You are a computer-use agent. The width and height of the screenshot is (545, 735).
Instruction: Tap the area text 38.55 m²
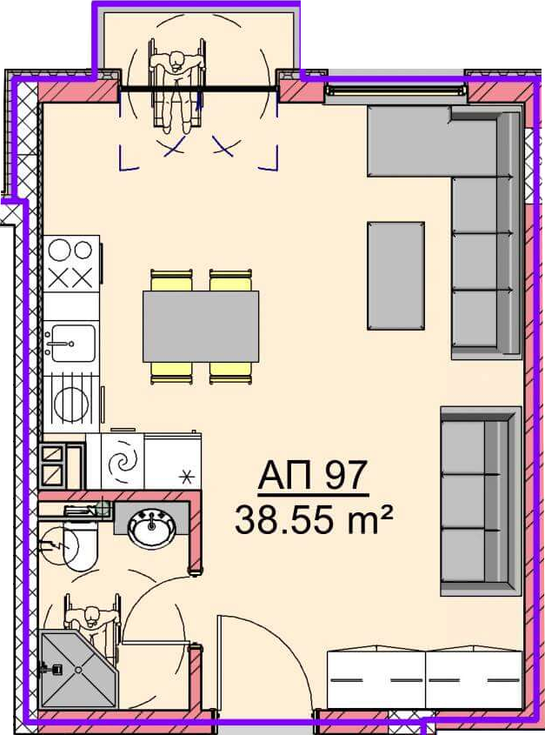click(x=313, y=519)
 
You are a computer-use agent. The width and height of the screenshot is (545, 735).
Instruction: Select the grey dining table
click(x=201, y=326)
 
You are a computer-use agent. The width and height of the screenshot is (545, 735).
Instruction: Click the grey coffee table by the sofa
click(x=396, y=276)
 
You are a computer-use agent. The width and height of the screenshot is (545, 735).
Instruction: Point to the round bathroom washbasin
click(x=152, y=528)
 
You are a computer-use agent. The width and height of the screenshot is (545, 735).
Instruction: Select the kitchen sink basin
click(x=73, y=343)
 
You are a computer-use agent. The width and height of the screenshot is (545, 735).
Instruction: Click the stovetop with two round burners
click(x=71, y=264)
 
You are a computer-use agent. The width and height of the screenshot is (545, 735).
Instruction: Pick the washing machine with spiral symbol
click(x=123, y=462)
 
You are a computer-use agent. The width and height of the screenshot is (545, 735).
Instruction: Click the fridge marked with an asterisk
click(x=173, y=462)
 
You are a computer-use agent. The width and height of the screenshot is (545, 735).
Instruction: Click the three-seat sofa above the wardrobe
click(x=482, y=501)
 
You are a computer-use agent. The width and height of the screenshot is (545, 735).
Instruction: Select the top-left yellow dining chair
click(x=171, y=280)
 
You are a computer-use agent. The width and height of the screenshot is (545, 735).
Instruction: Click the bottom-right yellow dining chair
click(x=230, y=373)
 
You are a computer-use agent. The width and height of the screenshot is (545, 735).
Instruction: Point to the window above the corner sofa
click(x=396, y=90)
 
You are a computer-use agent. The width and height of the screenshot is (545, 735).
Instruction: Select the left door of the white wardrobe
click(x=376, y=678)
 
